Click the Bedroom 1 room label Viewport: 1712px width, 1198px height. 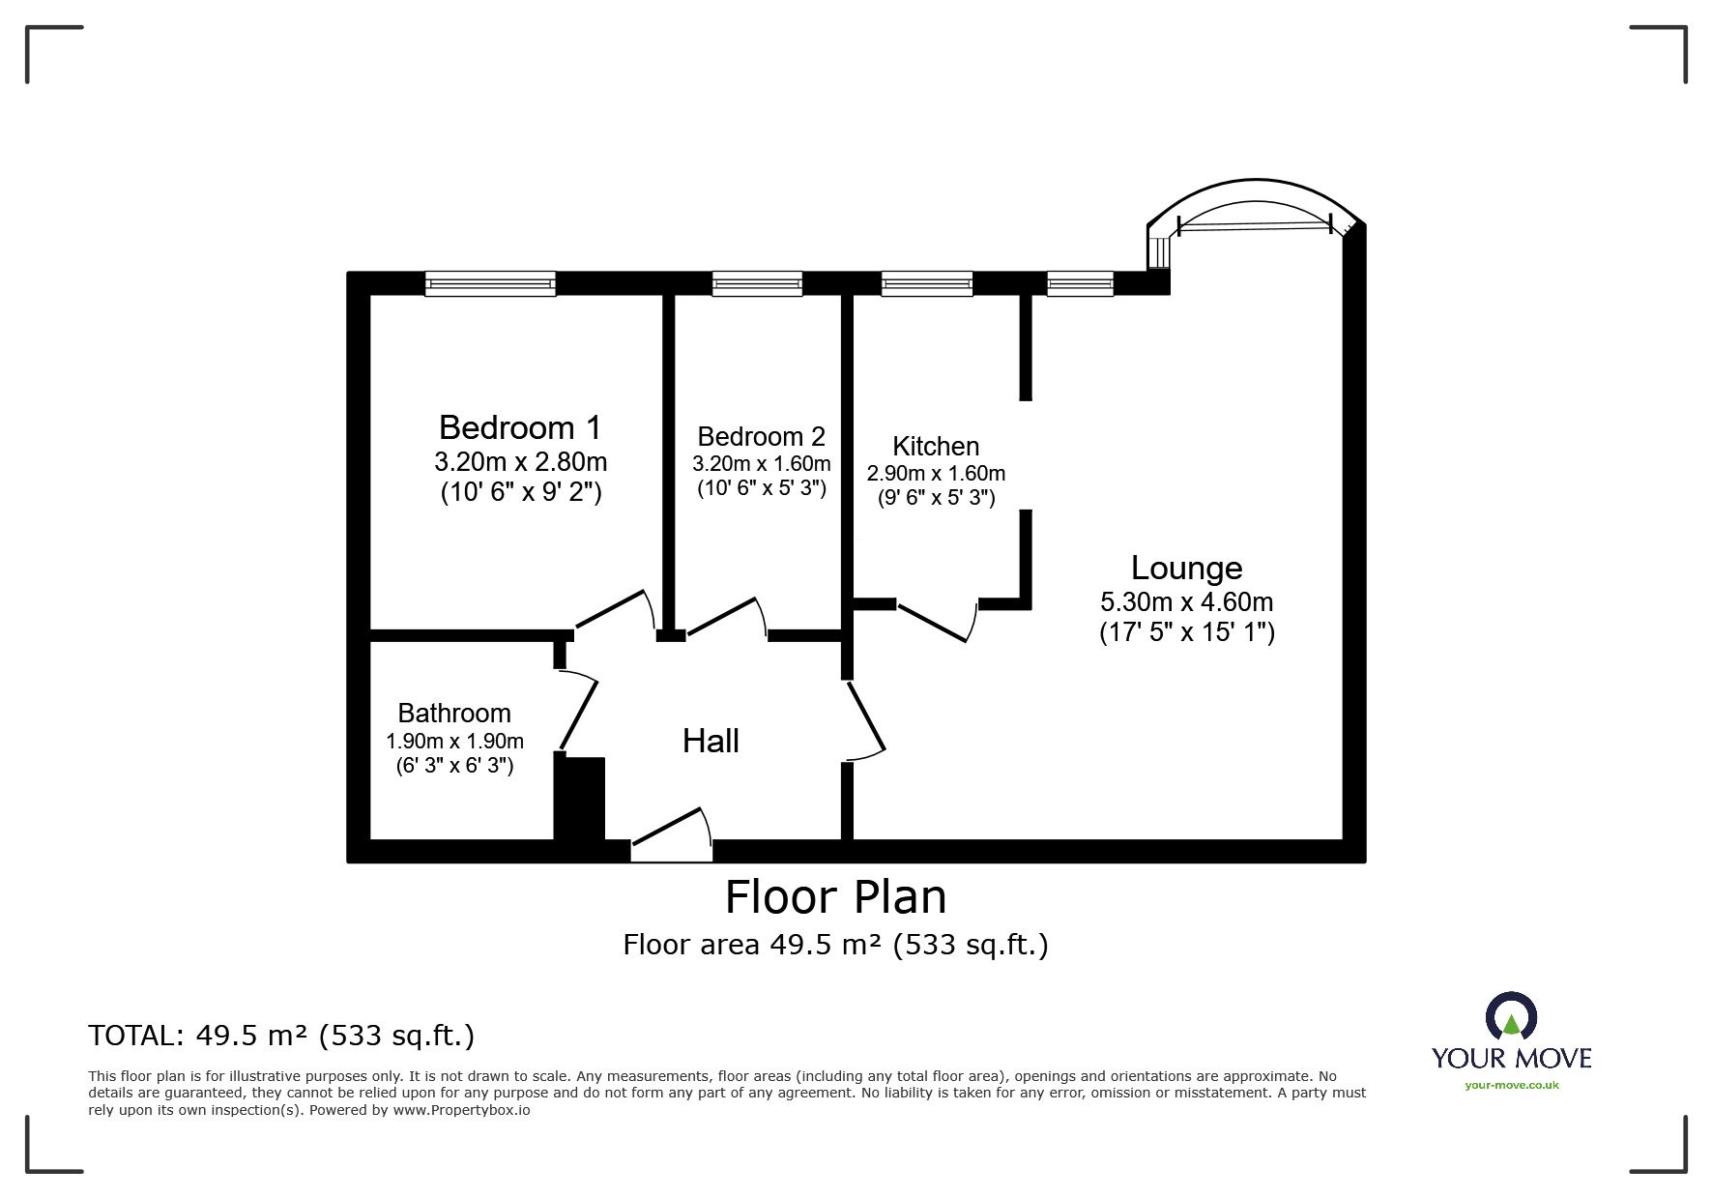520,426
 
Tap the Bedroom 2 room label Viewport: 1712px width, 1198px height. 761,436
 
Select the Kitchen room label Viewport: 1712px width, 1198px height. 936,446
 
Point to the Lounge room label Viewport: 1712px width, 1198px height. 1187,568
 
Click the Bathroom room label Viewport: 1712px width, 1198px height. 454,713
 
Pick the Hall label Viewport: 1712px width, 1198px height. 711,741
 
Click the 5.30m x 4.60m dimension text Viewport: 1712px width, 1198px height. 1187,601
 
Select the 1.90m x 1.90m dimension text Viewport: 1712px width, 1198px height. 454,741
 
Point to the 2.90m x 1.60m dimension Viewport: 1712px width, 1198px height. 936,473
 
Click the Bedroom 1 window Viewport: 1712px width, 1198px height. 490,283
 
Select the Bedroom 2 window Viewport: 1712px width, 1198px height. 757,283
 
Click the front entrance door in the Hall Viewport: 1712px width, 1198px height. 672,833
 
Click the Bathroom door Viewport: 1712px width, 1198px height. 577,711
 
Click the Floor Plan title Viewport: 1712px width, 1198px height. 836,896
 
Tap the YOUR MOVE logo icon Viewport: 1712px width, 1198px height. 1511,1017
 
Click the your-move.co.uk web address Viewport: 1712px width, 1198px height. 1512,1085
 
